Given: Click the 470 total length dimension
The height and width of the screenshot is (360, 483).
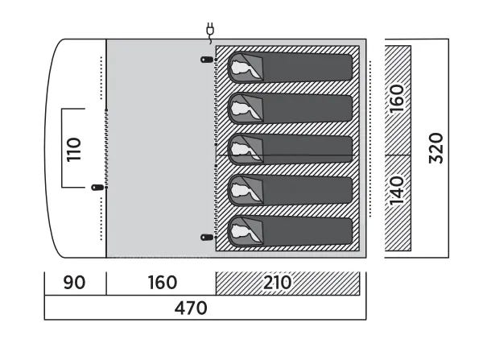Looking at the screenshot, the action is click(191, 308).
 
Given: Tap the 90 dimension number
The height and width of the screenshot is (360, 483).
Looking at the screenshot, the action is click(74, 282).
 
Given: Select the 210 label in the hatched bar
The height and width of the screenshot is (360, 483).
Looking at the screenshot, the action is click(277, 282).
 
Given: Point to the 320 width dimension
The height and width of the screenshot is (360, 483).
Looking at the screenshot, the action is click(436, 148).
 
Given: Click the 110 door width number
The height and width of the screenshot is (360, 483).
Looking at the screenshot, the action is click(74, 150).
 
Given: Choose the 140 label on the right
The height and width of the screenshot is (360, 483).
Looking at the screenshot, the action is click(396, 191).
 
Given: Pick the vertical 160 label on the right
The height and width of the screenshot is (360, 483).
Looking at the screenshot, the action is click(396, 98).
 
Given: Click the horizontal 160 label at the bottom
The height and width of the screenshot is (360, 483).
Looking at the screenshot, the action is click(163, 282).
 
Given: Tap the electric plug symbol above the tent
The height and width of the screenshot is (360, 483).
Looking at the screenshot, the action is click(210, 32).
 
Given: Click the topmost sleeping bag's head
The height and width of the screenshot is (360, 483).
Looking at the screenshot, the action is click(241, 67).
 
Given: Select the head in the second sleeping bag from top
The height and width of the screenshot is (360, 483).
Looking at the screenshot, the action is click(241, 109).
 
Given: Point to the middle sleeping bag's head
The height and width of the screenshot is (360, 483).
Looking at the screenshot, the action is click(241, 150).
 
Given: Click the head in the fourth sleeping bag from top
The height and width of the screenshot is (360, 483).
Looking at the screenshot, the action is click(241, 191).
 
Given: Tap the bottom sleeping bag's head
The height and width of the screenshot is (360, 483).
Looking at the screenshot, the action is click(241, 231).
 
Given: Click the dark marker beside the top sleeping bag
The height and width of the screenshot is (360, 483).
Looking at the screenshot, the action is click(207, 60).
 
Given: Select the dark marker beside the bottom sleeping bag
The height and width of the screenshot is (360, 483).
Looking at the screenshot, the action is click(207, 238).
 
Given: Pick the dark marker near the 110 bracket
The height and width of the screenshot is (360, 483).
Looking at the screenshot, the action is click(97, 187).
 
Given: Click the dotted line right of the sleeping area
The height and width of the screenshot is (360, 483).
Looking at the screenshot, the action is click(370, 139).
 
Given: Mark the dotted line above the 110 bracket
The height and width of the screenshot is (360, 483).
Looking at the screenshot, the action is click(101, 77).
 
